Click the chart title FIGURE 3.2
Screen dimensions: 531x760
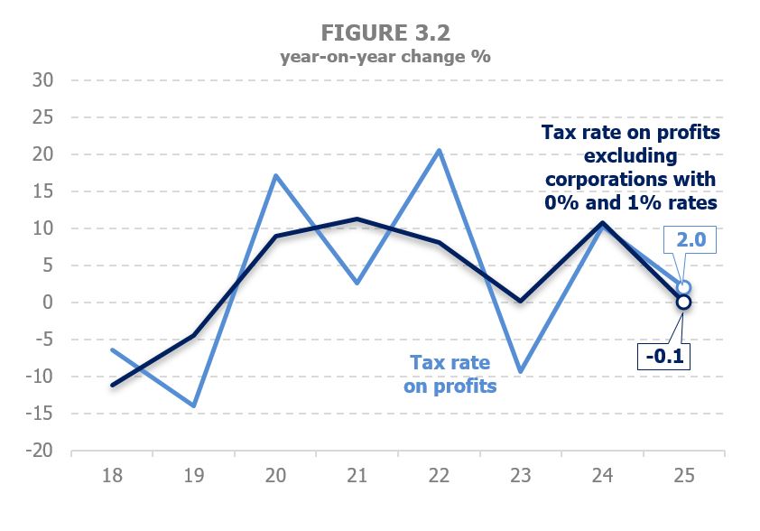click(385, 33)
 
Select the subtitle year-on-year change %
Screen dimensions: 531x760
click(385, 56)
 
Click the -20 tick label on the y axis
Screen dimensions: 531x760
click(42, 451)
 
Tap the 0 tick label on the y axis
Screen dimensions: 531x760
click(51, 303)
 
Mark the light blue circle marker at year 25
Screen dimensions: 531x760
click(683, 287)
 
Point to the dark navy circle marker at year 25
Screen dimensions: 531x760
click(683, 303)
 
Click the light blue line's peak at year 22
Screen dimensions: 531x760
click(439, 150)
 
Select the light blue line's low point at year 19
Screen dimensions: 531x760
click(193, 405)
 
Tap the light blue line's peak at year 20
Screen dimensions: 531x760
click(275, 175)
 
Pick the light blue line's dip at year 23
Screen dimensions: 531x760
click(520, 371)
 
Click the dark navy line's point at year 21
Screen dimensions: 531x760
click(357, 219)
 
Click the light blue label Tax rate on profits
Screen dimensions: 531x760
click(450, 374)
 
